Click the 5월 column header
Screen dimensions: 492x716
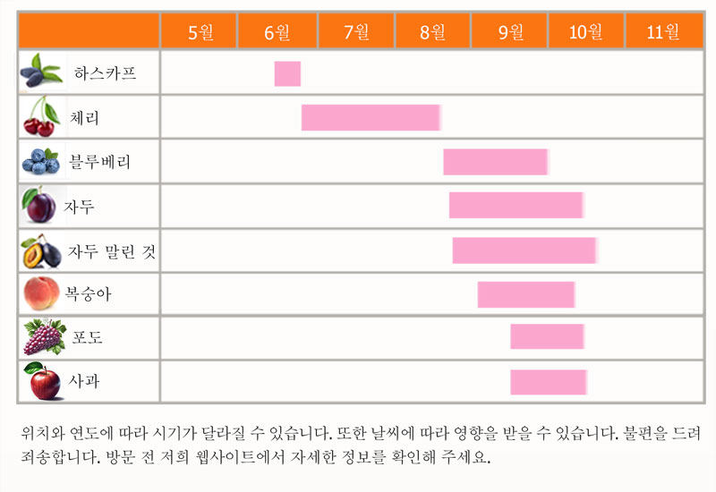coord(200,32)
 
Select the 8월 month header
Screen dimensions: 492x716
coord(432,32)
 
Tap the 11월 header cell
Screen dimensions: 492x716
coord(663,32)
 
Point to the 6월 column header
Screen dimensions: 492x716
coord(277,32)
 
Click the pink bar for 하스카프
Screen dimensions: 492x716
coord(287,73)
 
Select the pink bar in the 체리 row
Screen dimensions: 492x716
coord(370,117)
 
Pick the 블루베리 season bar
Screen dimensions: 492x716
coord(495,162)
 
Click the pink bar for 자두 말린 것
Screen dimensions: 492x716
coord(524,250)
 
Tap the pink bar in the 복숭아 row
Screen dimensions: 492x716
coord(525,294)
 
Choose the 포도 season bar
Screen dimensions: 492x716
coord(547,337)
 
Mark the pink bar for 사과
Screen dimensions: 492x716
coord(548,381)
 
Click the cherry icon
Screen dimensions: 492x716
coord(38,117)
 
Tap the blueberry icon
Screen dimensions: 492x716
coord(40,162)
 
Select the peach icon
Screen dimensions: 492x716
coord(41,293)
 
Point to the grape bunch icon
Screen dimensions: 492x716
coord(42,337)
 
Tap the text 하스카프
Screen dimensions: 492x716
coord(105,73)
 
